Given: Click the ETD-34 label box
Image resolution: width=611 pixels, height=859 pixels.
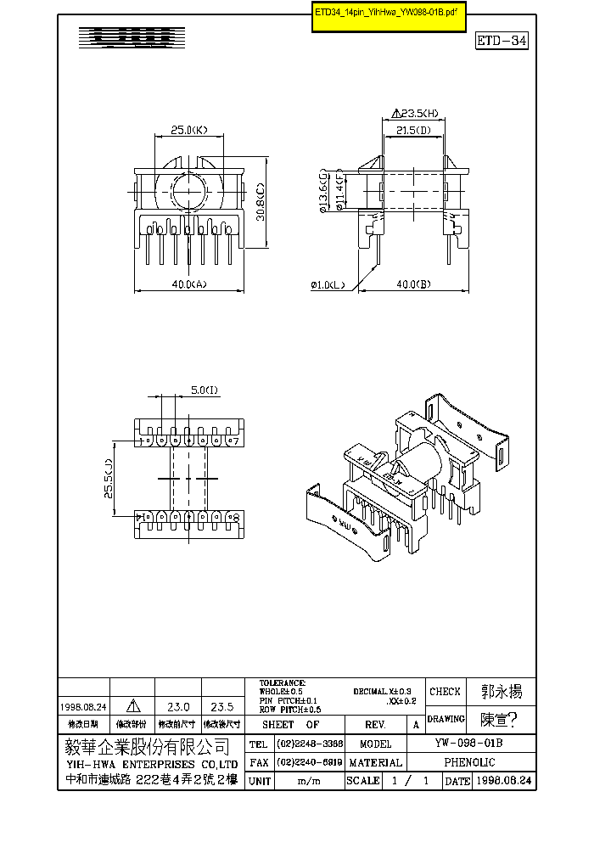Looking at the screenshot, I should coord(502,41).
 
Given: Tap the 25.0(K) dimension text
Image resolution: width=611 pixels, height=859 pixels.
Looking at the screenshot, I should coord(188,131).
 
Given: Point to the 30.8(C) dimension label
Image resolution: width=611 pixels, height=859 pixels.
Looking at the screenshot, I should coord(262,203).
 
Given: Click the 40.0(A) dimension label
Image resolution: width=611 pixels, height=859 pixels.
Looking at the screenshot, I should coord(188,285).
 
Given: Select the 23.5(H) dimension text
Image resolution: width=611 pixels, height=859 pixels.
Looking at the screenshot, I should coord(415,113).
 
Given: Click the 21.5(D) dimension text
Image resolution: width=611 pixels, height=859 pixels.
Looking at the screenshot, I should coord(413,130).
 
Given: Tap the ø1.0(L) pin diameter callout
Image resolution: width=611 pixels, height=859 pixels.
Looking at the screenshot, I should coord(328,285).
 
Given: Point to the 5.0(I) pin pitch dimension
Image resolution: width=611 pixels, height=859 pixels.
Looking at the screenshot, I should coord(205,390).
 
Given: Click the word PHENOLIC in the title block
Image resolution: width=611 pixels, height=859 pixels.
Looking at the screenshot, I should coord(479,762).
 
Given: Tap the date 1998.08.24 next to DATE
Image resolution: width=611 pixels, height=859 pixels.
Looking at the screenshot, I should coord(503,781).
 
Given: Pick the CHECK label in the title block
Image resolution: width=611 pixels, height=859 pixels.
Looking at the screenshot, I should coord(446,692).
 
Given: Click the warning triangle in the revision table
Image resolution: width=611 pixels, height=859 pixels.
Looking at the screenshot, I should coord(133,706).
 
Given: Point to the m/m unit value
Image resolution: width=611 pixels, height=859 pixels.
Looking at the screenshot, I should coord(309,781).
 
